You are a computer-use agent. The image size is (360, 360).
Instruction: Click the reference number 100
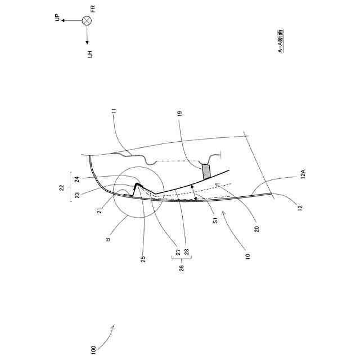pos(93,349)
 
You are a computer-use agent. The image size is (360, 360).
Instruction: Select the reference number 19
pos(179,114)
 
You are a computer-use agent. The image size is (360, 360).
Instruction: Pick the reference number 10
pos(247,255)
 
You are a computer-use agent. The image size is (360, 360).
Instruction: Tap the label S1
pos(215,223)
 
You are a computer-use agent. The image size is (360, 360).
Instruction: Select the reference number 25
pos(143,259)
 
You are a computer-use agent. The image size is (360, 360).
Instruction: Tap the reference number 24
pos(76,179)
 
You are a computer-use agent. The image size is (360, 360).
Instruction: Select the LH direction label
pos(89,54)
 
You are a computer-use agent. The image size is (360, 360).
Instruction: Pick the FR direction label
pos(93,8)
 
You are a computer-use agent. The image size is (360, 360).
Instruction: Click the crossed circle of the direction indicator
pos(87,21)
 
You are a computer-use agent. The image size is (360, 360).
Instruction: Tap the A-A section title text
pos(281,41)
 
